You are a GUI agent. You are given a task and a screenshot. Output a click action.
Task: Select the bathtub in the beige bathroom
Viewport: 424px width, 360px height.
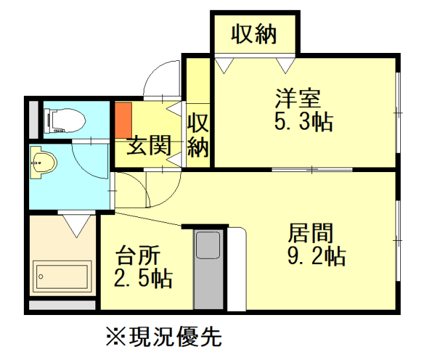coord(62,277)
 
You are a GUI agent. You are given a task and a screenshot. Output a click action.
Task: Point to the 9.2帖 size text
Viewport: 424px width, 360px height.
coord(316,256)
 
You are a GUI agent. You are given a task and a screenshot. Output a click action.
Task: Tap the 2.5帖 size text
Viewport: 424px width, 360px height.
coord(143,277)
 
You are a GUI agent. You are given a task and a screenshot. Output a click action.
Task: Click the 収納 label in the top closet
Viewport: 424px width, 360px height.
coord(254,32)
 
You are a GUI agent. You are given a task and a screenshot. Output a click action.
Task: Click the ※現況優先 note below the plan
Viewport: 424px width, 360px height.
coord(163,337)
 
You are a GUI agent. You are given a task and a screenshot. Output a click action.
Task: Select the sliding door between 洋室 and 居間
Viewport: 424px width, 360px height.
coord(311,169)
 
